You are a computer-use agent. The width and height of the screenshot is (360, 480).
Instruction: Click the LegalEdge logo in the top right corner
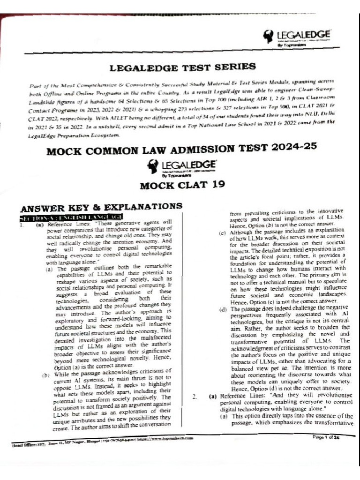(297, 37)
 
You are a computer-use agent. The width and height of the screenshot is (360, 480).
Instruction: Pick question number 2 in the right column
(194, 397)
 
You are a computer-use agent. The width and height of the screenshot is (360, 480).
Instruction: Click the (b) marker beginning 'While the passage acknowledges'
(46, 375)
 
